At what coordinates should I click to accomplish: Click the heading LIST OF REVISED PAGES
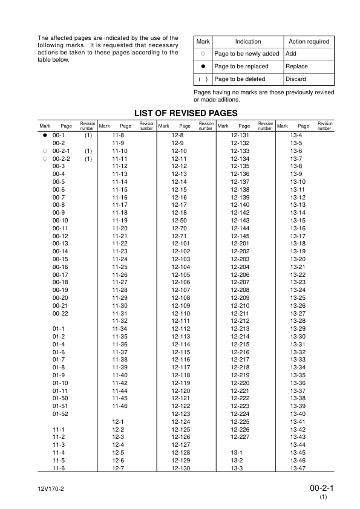[x=180, y=112]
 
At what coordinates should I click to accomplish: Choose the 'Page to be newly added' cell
[x=247, y=54]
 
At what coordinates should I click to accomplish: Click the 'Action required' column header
[x=309, y=42]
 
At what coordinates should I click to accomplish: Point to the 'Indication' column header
[x=248, y=42]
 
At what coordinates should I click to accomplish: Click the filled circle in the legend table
[x=203, y=66]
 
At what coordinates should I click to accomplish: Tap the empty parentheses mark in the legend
[x=203, y=79]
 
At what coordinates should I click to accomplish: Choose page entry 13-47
[x=297, y=468]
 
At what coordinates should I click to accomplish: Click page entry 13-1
[x=237, y=452]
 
